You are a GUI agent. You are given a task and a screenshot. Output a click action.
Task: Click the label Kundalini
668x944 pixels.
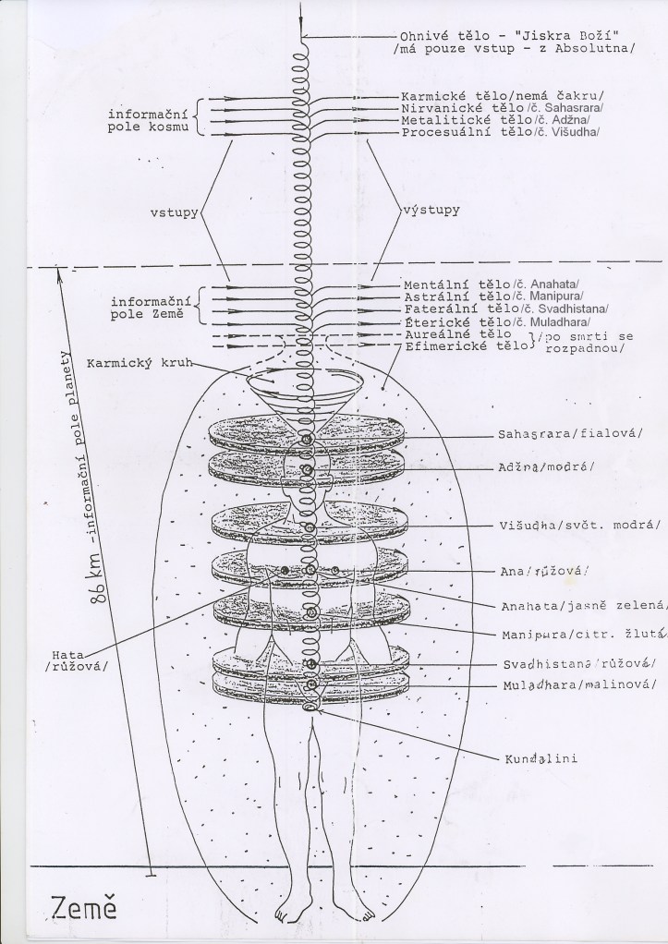tap(540, 758)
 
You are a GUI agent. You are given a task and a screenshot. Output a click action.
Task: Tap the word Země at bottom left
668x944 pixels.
tap(83, 908)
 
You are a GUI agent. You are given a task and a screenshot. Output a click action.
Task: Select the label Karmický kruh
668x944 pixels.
tap(140, 363)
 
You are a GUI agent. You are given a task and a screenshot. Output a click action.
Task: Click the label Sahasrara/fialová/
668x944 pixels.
tap(570, 434)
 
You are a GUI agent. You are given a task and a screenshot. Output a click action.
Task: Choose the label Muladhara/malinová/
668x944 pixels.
tap(579, 685)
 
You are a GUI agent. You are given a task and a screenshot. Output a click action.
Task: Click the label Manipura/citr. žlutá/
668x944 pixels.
tap(585, 635)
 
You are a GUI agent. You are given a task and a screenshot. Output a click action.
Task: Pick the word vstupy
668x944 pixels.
tap(174, 213)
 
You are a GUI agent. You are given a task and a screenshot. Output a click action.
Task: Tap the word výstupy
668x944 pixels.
tap(431, 210)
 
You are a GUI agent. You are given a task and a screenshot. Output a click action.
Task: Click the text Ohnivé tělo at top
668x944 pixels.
tap(444, 36)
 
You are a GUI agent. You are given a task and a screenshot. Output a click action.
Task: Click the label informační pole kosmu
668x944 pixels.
tap(148, 120)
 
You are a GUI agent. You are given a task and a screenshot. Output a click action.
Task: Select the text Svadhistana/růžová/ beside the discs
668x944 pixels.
tap(579, 664)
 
